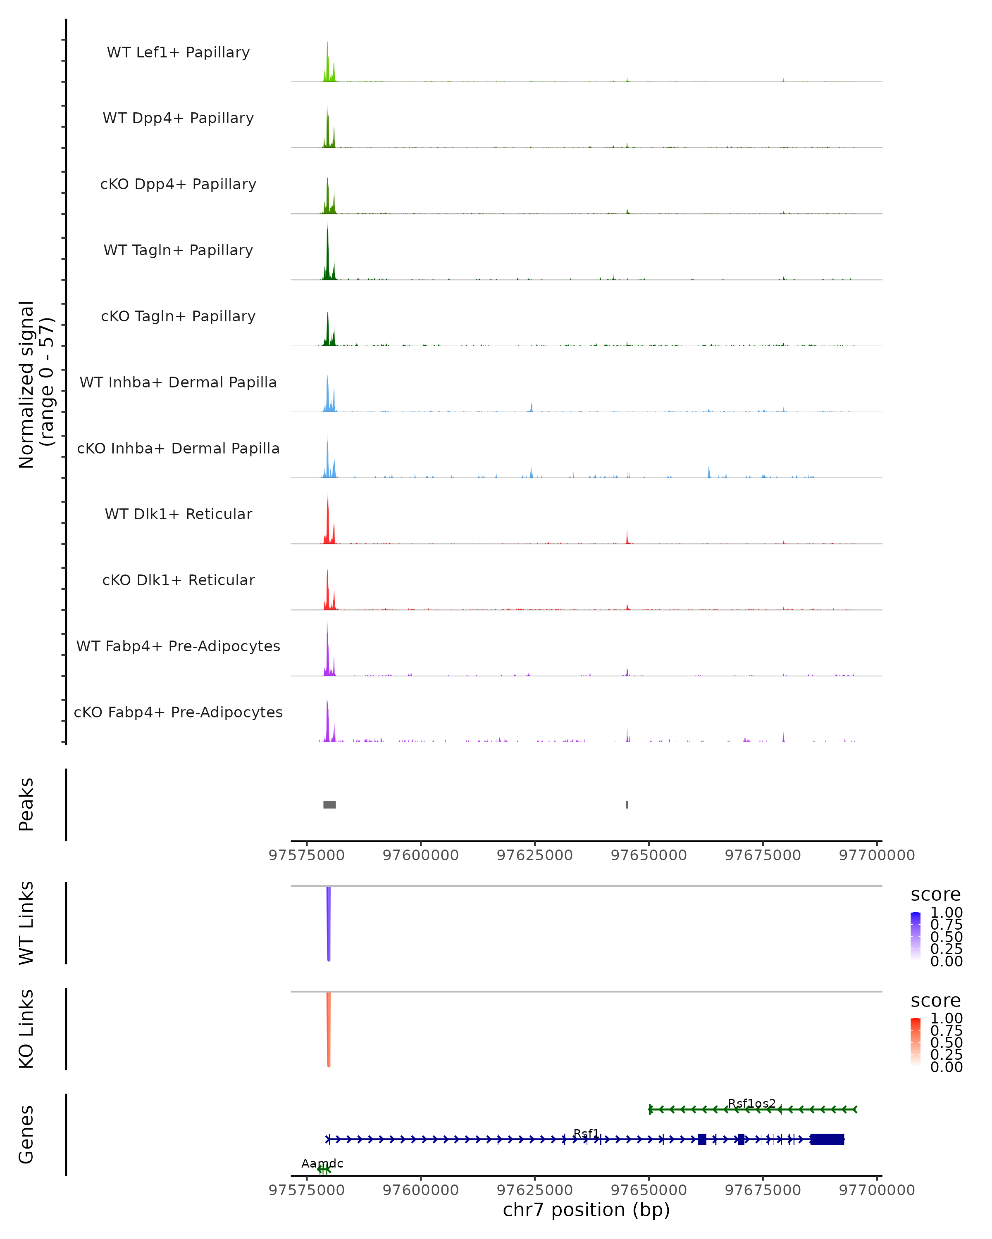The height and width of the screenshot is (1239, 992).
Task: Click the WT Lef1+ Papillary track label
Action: point(178,52)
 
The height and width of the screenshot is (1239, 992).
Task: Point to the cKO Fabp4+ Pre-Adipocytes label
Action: point(178,712)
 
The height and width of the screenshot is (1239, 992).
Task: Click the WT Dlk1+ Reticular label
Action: point(178,514)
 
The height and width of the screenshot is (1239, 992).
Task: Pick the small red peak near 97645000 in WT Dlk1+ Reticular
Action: point(627,537)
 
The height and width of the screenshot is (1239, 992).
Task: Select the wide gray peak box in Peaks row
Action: point(329,805)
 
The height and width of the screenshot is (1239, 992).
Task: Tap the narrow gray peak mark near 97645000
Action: point(627,805)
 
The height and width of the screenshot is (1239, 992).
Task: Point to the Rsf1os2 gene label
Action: point(751,1104)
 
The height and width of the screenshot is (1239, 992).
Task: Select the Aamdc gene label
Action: point(322,1163)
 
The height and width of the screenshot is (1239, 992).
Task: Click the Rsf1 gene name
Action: point(586,1133)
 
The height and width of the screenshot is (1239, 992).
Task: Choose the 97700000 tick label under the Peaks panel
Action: point(876,855)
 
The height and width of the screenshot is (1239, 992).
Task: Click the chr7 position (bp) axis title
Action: point(586,1210)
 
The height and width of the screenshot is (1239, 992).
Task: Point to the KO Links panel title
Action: point(26,1029)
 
